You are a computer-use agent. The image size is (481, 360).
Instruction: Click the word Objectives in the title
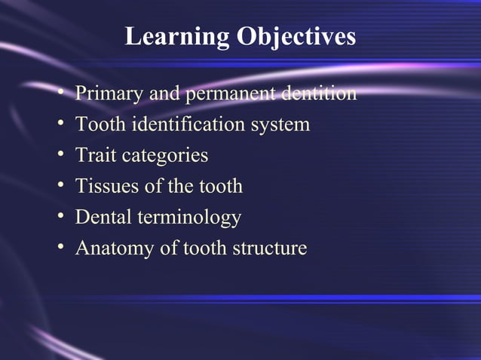pos(296,37)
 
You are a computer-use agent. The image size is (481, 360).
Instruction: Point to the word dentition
pos(317,94)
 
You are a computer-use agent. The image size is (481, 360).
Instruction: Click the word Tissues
pos(103,186)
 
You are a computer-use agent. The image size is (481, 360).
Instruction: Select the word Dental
pos(103,218)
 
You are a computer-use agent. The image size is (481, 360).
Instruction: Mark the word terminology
pos(188,218)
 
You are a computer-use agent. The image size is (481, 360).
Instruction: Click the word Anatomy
pos(111,249)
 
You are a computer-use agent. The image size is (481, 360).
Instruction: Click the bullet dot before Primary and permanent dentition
pos(60,95)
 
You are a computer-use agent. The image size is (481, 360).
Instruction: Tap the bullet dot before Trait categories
pos(60,156)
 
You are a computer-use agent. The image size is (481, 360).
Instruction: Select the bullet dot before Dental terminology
pos(60,218)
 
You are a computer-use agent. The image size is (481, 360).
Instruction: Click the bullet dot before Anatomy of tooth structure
pos(60,249)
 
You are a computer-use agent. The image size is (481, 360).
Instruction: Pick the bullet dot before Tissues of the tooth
pos(60,187)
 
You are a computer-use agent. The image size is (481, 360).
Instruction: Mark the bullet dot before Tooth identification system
pos(60,125)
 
